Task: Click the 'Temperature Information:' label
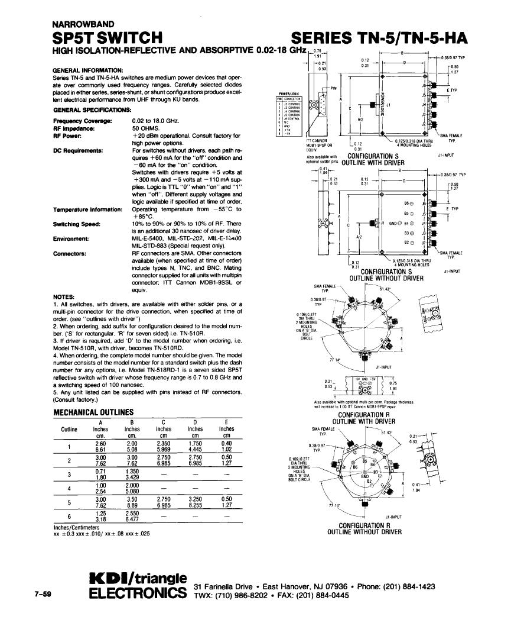point(87,210)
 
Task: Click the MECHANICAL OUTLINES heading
point(94,412)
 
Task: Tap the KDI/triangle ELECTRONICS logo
point(138,585)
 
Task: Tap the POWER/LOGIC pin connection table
point(291,115)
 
